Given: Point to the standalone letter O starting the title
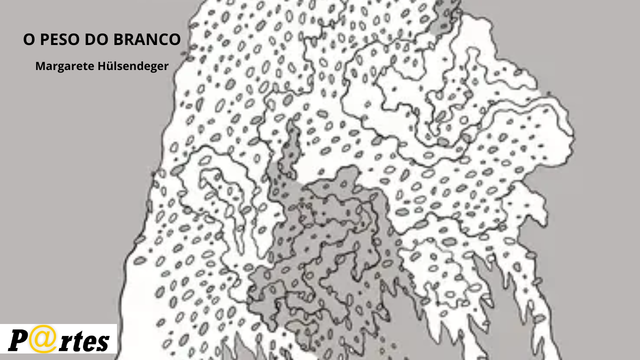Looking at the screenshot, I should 29,40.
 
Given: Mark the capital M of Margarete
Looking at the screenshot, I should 39,66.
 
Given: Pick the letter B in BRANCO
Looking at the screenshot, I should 118,40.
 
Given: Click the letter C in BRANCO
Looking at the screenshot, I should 162,40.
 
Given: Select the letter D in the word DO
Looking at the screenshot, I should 91,40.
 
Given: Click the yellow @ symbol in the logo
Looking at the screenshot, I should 40,339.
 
